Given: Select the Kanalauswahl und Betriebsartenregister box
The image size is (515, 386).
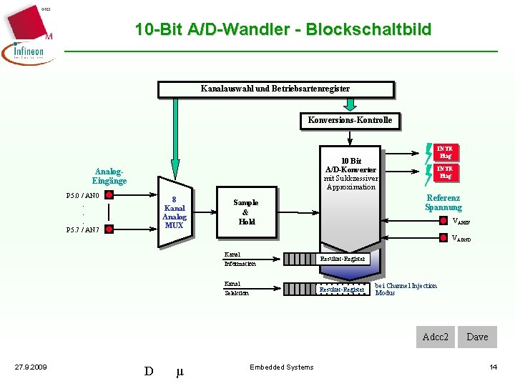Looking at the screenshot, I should click(x=275, y=89).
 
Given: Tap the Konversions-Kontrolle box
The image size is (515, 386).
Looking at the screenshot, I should click(x=350, y=120).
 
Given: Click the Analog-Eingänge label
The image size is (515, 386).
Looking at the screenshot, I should click(x=109, y=176).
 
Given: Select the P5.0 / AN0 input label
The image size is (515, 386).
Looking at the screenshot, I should click(x=82, y=196).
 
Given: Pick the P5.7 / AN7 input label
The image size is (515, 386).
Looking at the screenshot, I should click(x=82, y=230).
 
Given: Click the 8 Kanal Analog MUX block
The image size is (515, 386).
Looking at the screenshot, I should click(x=175, y=212).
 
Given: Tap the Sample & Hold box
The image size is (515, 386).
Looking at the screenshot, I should click(x=245, y=212).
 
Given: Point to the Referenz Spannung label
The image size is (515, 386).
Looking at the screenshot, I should click(x=443, y=203).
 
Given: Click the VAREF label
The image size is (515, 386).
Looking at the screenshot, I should click(x=461, y=222).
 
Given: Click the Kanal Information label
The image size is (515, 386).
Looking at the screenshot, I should click(x=239, y=259).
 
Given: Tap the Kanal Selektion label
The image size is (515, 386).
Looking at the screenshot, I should click(x=237, y=288).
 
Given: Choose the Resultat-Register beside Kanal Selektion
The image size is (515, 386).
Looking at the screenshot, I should click(x=343, y=289).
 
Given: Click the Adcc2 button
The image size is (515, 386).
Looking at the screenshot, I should click(x=436, y=337).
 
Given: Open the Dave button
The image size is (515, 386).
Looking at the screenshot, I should click(x=477, y=337).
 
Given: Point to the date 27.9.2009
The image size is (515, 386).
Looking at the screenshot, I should click(x=31, y=367).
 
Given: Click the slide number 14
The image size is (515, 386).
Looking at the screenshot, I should click(x=493, y=367).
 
